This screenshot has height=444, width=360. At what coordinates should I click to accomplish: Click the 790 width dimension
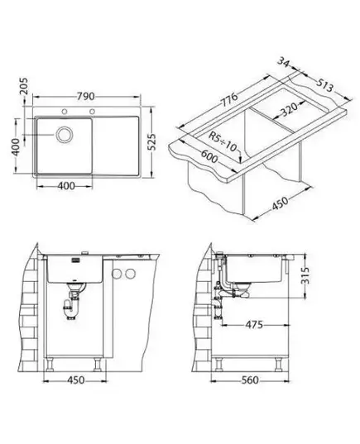[x=85, y=96]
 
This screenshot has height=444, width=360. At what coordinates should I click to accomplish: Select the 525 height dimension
[x=152, y=142]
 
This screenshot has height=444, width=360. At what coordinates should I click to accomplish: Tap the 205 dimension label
[x=24, y=86]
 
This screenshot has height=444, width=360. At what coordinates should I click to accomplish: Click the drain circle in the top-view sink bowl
[x=65, y=134]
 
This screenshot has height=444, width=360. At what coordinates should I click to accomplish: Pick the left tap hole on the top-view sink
[x=65, y=112]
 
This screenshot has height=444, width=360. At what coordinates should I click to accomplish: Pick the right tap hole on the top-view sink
[x=92, y=112]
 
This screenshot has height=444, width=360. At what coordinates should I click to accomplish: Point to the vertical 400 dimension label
[x=16, y=146]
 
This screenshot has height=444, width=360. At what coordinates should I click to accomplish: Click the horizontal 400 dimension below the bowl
[x=66, y=186]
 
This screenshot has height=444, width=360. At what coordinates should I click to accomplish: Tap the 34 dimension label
[x=284, y=62]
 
